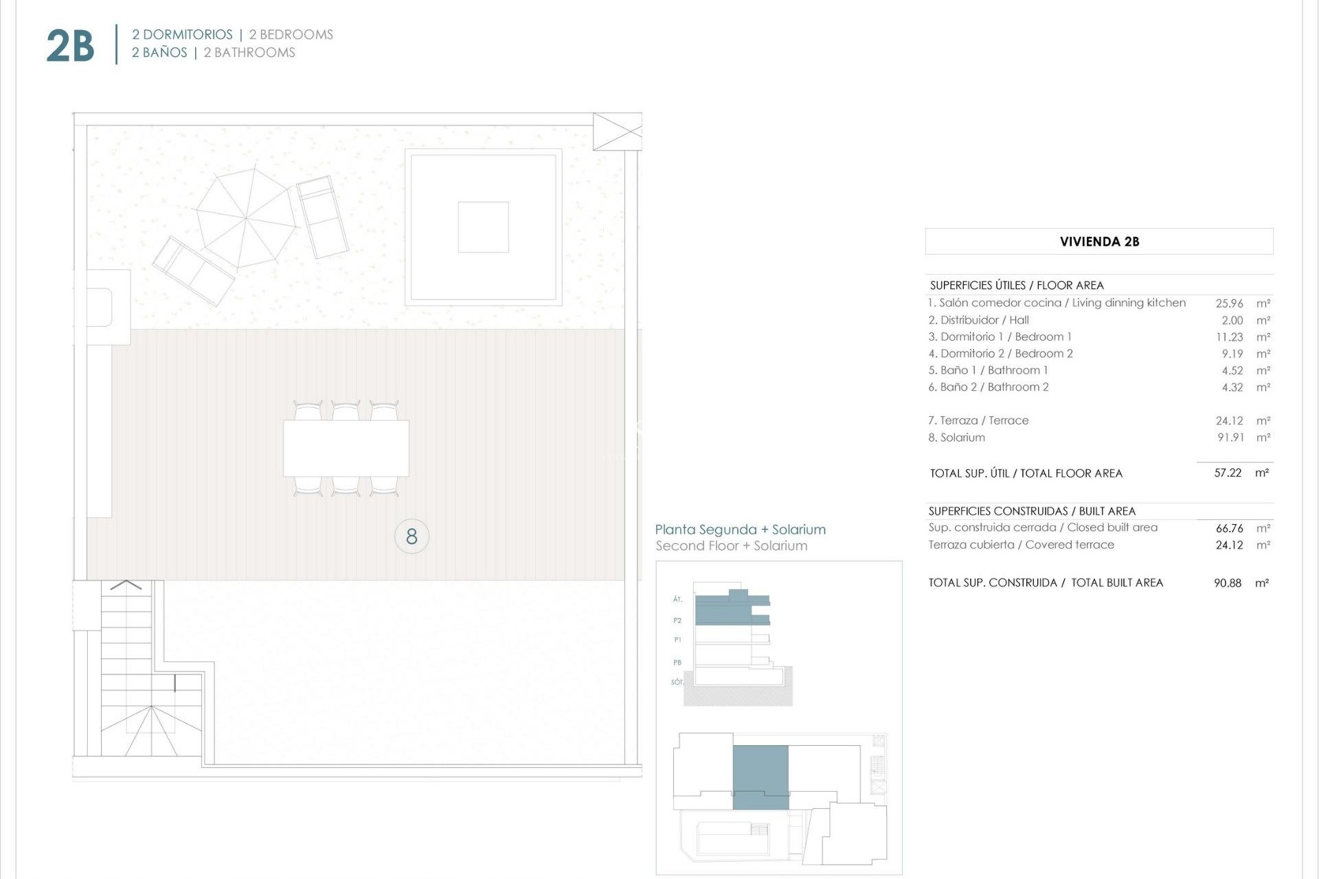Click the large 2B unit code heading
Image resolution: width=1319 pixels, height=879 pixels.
[70, 45]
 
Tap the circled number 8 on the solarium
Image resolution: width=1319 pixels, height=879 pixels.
[412, 536]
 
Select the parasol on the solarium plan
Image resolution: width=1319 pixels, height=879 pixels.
[246, 218]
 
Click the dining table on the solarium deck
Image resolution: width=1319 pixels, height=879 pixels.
[346, 448]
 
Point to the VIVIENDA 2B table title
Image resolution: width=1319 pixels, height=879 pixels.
[1098, 242]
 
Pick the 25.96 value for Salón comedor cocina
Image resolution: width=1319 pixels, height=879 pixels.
[1229, 303]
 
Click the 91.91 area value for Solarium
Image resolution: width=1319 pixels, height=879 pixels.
[1230, 437]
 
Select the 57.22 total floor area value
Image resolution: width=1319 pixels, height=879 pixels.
[1228, 473]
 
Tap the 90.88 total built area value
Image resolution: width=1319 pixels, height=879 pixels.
[1228, 583]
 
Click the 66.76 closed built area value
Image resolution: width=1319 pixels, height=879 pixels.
[1229, 528]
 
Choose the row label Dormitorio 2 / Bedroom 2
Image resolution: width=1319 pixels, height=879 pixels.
[1000, 354]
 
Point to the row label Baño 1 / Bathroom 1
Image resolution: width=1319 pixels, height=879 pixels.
[988, 370]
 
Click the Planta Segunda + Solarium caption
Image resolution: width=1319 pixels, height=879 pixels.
[740, 529]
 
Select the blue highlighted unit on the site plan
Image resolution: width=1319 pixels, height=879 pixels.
[760, 777]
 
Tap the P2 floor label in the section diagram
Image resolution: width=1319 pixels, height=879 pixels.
[677, 620]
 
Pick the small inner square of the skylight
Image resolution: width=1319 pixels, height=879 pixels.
[483, 227]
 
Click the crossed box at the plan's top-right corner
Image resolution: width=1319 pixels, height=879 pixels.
[617, 132]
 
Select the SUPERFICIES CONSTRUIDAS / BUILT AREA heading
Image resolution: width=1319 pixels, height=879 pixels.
[1031, 511]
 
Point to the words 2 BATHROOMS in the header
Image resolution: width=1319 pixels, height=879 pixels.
[249, 53]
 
